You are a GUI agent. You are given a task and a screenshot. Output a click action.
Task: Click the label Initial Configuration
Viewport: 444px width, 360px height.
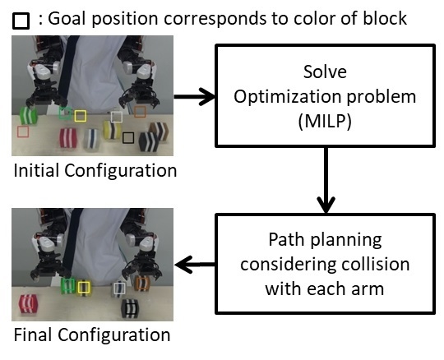pyautogui.click(x=95, y=171)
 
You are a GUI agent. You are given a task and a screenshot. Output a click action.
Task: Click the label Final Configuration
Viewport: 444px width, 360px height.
pyautogui.click(x=91, y=335)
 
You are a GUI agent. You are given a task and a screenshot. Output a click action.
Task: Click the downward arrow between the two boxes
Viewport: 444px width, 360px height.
pyautogui.click(x=327, y=184)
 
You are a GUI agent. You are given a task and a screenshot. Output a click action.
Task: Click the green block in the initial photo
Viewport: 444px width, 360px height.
pyautogui.click(x=30, y=114)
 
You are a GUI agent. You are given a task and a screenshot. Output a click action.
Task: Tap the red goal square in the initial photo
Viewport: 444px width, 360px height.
pyautogui.click(x=23, y=132)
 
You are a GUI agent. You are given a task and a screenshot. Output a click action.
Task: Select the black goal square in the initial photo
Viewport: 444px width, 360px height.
pyautogui.click(x=127, y=139)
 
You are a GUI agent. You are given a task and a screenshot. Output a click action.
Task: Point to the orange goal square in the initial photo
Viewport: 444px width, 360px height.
pyautogui.click(x=140, y=111)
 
